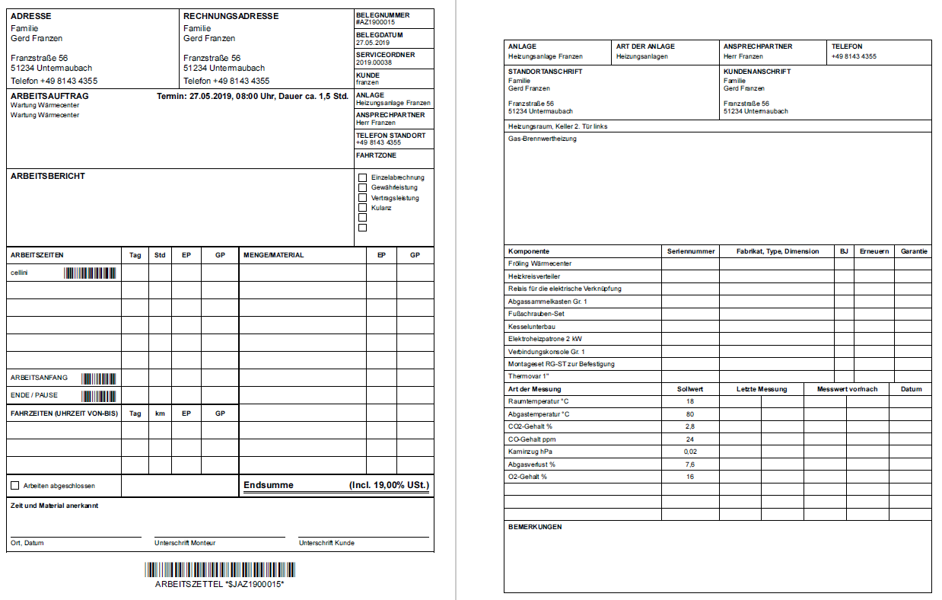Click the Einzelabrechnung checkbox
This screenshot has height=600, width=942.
(x=362, y=177)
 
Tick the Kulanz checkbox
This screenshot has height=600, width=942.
(x=362, y=207)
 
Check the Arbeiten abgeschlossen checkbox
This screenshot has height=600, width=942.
(x=14, y=485)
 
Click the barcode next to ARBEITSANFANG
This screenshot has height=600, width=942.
(x=99, y=378)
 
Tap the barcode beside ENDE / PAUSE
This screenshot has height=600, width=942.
(x=99, y=396)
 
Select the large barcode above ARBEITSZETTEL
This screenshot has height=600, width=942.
(x=220, y=570)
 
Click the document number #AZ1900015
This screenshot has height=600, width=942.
(x=375, y=23)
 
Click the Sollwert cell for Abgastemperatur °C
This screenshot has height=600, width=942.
(x=689, y=413)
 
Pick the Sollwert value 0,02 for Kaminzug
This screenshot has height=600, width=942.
(x=689, y=452)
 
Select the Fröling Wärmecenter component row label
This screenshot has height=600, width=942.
(x=539, y=263)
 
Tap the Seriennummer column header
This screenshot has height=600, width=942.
(x=691, y=251)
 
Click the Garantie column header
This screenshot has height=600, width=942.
(x=914, y=251)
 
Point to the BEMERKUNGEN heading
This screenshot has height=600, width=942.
(x=534, y=527)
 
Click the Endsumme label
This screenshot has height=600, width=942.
(x=268, y=485)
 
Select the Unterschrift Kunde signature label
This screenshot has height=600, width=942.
(x=326, y=543)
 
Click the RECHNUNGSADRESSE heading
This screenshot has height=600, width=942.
(x=231, y=16)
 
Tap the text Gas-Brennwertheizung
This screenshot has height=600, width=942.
(x=542, y=139)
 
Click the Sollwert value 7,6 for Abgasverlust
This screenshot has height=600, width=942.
(x=689, y=464)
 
